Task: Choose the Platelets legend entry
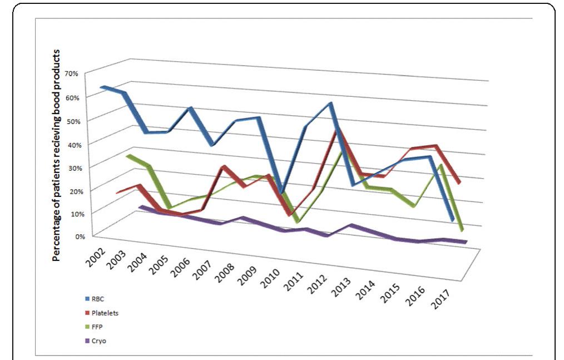pos(104,313)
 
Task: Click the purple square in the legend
pos(87,341)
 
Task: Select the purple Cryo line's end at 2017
pos(464,241)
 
